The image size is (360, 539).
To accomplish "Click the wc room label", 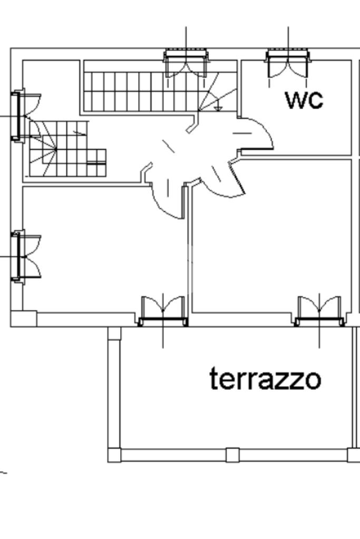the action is coord(304,100).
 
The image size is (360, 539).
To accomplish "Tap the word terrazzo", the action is coord(265,379).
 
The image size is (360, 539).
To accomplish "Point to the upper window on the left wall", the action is coord(17,116).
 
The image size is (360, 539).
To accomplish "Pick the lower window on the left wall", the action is coord(17,256).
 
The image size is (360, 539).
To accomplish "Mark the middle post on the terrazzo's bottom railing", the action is coord(232,454).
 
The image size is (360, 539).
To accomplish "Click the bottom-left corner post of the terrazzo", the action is coord(114,454).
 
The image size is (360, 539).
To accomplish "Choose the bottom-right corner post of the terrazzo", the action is coord(354,454).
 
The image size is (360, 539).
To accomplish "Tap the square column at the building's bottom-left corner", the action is coord(24,318).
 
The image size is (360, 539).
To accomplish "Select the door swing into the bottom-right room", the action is coord(221,179).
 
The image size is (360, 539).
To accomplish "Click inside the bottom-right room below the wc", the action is coord(269,237).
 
